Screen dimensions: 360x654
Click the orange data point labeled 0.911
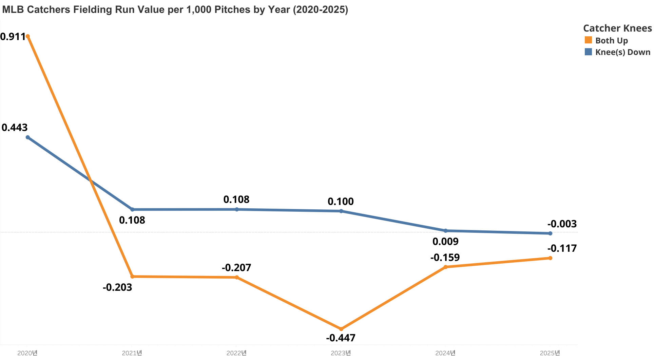point(28,36)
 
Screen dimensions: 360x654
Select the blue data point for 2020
point(28,137)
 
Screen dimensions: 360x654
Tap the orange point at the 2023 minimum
point(341,329)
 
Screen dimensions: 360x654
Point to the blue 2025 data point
point(550,233)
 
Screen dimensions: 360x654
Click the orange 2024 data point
point(446,267)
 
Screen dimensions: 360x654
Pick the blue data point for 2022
point(237,209)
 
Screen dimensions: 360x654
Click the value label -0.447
point(341,338)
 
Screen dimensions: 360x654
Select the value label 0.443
point(15,128)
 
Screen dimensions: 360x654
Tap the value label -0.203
point(117,287)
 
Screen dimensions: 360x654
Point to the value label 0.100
point(341,202)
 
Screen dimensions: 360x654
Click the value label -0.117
point(562,248)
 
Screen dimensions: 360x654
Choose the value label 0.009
point(445,242)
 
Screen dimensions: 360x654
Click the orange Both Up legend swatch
point(588,40)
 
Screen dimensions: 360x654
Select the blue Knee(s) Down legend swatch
point(588,52)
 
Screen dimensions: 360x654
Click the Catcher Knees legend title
point(617,28)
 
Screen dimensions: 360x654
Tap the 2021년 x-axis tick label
point(132,353)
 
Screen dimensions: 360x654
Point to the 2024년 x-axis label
point(445,353)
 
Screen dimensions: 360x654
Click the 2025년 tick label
point(550,353)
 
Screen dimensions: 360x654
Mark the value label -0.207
point(236,268)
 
